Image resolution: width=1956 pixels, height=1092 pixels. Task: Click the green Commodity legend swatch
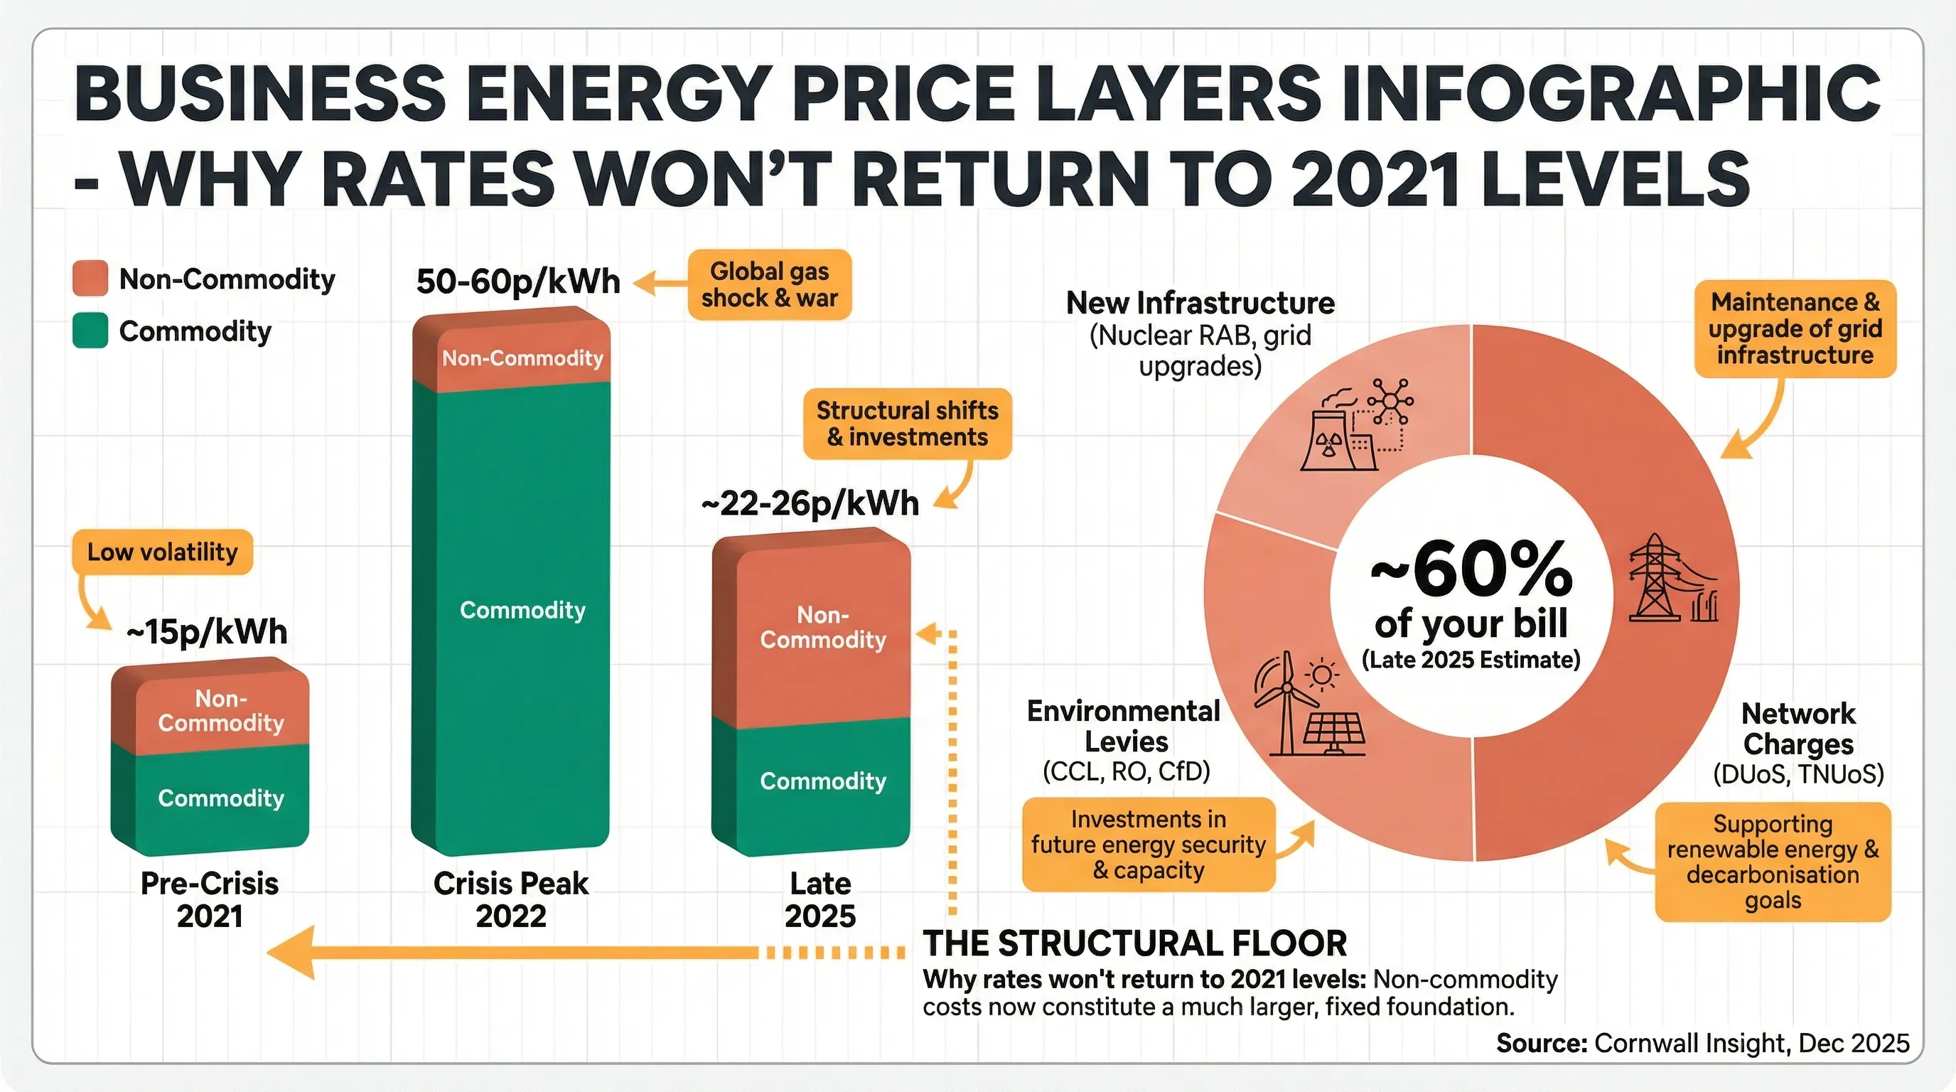(90, 331)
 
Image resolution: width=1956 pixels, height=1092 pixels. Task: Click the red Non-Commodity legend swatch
(90, 279)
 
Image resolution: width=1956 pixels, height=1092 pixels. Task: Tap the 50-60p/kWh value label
(518, 282)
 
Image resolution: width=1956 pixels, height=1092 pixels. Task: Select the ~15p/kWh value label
(207, 632)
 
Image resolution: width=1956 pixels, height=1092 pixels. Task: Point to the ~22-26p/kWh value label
(810, 503)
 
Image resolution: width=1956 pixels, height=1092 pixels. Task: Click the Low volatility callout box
(162, 552)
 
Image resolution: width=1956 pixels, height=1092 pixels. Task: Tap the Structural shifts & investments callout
(907, 424)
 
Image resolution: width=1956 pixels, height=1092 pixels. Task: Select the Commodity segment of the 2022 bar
(522, 610)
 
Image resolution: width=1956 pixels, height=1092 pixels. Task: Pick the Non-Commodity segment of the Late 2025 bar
(822, 627)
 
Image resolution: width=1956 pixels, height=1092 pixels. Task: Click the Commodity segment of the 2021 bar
(220, 798)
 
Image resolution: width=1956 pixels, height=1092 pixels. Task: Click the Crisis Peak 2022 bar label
(511, 899)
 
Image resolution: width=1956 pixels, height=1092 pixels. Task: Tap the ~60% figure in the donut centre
(1471, 569)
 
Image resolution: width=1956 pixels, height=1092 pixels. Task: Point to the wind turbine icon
(1286, 702)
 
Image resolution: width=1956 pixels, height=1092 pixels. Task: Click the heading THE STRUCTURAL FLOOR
(1134, 943)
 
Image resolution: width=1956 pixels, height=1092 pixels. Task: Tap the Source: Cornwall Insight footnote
(1702, 1044)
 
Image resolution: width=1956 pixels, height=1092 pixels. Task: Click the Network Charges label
(1798, 729)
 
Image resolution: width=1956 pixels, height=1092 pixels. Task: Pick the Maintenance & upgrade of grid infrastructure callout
(1795, 329)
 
